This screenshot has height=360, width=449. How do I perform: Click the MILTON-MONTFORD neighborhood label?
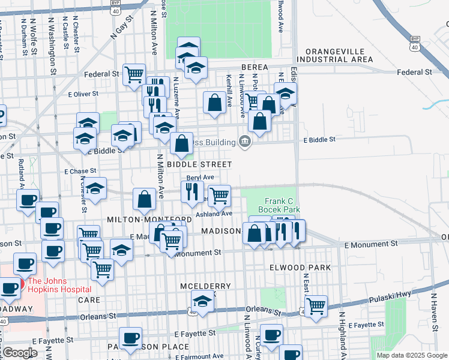tap(141, 220)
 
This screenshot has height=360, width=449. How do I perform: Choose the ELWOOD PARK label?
tap(301, 266)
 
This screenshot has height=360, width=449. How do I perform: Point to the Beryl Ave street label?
tap(200, 178)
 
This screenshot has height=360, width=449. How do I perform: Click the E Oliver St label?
tap(83, 94)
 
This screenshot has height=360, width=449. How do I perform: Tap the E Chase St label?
tap(80, 171)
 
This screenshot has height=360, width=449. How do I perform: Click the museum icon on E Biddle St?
tap(245, 142)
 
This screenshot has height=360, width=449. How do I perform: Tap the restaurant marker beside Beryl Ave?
tap(192, 192)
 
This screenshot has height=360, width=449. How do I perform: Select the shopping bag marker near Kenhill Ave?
tap(214, 103)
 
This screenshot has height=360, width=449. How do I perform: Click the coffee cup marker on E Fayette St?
tap(271, 335)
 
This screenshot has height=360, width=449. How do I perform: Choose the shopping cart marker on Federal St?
tap(134, 74)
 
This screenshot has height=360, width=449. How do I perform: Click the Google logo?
tap(20, 353)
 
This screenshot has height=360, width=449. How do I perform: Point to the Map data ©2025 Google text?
tap(412, 355)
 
